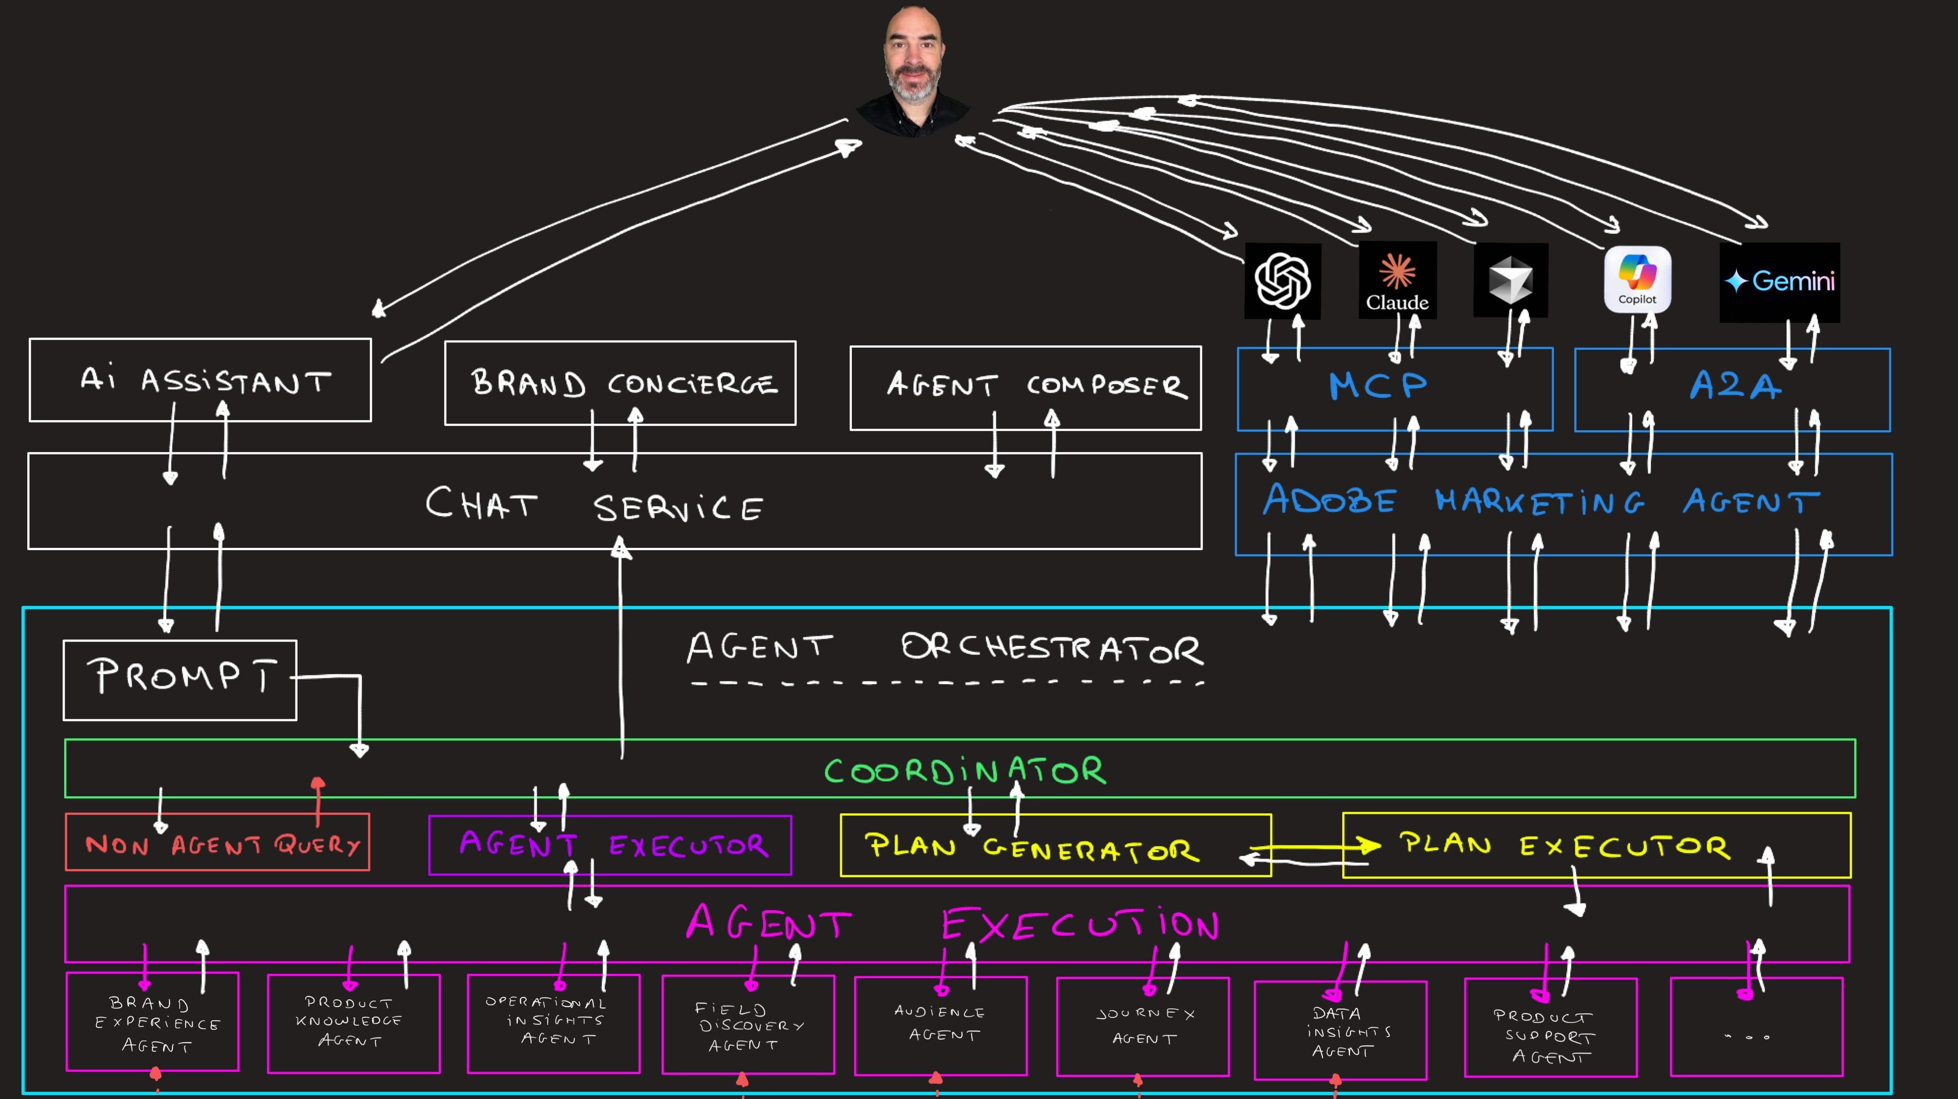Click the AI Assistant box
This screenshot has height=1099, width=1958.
click(x=200, y=380)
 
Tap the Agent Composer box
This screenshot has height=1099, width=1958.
click(x=1025, y=388)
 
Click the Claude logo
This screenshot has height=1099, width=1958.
click(x=1397, y=279)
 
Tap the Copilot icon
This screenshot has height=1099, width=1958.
click(x=1637, y=279)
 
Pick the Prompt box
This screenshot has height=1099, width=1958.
click(x=180, y=679)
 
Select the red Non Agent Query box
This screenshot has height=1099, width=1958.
click(x=218, y=842)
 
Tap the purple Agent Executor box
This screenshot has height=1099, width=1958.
click(x=610, y=845)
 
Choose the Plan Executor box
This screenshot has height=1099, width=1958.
click(x=1596, y=845)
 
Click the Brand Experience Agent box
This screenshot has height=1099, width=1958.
click(x=153, y=1022)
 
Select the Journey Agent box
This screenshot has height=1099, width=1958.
click(x=1143, y=1026)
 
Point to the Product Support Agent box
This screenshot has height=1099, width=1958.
click(x=1550, y=1027)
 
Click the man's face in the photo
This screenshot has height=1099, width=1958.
click(x=913, y=61)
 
